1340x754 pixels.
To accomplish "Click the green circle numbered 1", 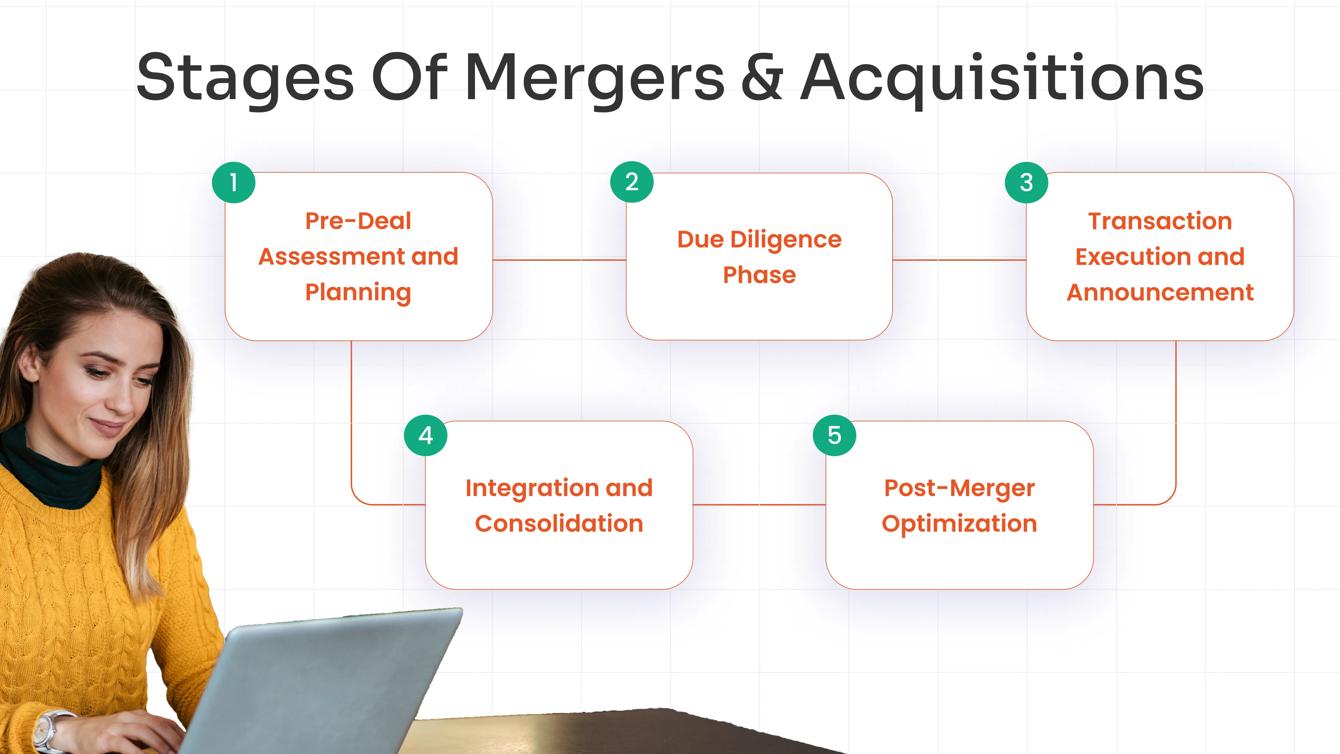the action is click(x=233, y=182).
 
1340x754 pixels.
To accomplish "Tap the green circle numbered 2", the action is click(x=632, y=182).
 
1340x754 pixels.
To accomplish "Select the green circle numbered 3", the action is click(x=1026, y=182).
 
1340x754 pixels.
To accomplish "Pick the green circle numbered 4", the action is click(x=425, y=435).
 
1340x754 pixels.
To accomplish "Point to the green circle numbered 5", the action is click(x=834, y=435).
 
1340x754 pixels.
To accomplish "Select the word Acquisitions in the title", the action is click(x=1002, y=78).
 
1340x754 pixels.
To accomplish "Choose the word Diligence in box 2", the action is click(x=786, y=240).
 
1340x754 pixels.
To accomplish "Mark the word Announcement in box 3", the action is click(x=1160, y=293).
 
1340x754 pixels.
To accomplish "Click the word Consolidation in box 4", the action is click(x=559, y=524).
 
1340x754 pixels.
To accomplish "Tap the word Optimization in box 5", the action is click(x=959, y=524).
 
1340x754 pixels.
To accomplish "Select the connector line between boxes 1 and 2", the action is click(x=559, y=259).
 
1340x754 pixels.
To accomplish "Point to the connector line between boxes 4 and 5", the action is click(x=759, y=504).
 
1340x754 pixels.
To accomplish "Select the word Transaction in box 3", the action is click(x=1160, y=221).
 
